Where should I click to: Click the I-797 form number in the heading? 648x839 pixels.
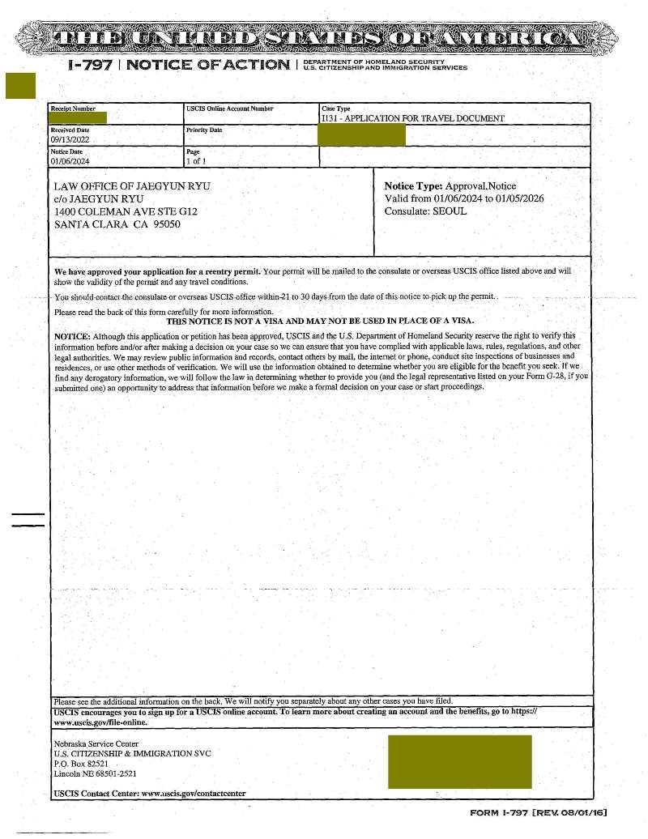coord(89,64)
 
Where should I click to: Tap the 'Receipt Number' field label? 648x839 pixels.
coord(73,109)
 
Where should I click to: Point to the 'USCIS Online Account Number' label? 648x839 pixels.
coord(230,109)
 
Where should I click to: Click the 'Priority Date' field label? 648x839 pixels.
coord(204,130)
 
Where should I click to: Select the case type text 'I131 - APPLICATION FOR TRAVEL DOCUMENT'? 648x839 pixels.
coord(412,118)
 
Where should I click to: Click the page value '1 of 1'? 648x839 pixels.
coord(195,161)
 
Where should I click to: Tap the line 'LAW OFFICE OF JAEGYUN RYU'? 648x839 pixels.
coord(132,186)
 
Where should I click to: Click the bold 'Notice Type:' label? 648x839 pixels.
coord(413,186)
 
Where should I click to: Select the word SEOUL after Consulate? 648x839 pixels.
coord(450,211)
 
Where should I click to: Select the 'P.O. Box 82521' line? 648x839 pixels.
coord(80,763)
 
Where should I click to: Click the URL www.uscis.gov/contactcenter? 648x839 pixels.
coord(194,793)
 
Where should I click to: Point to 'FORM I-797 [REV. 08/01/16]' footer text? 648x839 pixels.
coord(538,812)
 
